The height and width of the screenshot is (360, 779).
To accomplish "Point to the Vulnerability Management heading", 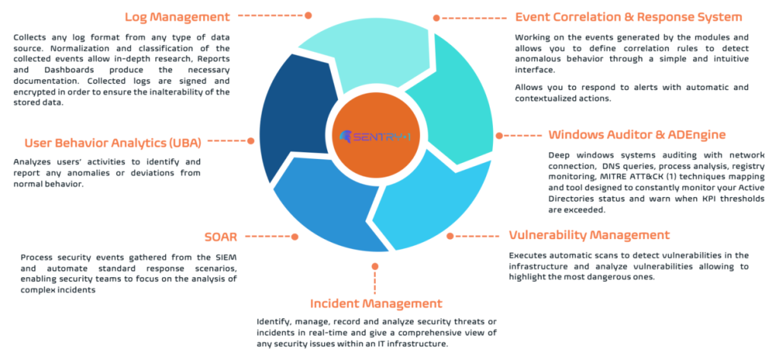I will [x=589, y=234].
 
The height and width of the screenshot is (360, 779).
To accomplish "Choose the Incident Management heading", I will [x=375, y=304].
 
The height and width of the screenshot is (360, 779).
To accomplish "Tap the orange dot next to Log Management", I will [x=308, y=14].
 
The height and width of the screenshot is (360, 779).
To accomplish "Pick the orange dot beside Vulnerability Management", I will [x=449, y=236].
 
